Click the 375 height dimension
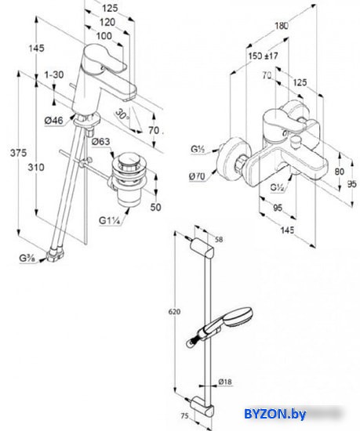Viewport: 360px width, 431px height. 18,153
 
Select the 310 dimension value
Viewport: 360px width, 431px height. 36,167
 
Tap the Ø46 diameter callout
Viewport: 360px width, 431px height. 53,121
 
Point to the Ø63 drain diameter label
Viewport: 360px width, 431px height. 100,142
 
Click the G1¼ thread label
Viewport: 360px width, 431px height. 110,220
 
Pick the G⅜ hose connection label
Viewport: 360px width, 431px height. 27,259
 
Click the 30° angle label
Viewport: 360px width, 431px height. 122,114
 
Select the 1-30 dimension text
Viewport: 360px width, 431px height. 54,74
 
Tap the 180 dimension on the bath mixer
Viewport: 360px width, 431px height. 282,26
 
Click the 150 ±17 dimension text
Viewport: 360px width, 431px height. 264,56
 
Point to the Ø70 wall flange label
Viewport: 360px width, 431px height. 197,176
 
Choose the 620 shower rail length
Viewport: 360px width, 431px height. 174,312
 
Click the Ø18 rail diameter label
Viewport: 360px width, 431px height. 225,382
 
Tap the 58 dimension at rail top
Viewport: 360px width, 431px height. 219,240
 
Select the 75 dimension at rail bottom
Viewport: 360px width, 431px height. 185,416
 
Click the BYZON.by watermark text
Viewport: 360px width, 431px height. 275,414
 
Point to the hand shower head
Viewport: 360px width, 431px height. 237,316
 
